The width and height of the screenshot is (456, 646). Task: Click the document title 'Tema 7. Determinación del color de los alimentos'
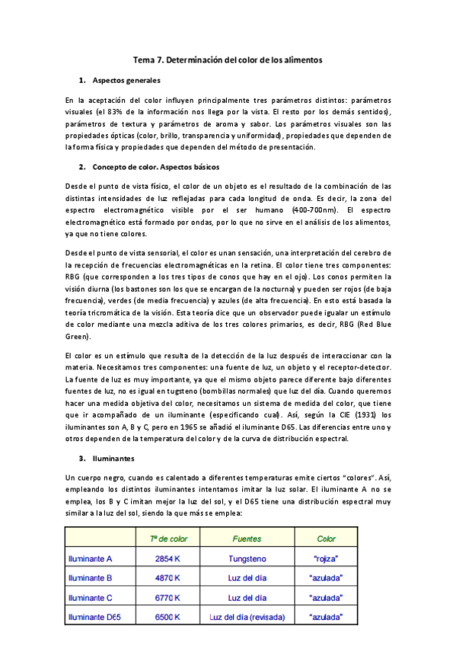(228, 59)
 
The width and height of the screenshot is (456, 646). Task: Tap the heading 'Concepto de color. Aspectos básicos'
(164, 166)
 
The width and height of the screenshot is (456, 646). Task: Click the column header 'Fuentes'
(247, 539)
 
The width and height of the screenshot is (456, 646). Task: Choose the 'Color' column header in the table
(326, 539)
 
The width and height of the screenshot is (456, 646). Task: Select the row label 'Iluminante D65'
(97, 617)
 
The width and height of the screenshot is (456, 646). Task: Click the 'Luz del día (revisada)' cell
(247, 617)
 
